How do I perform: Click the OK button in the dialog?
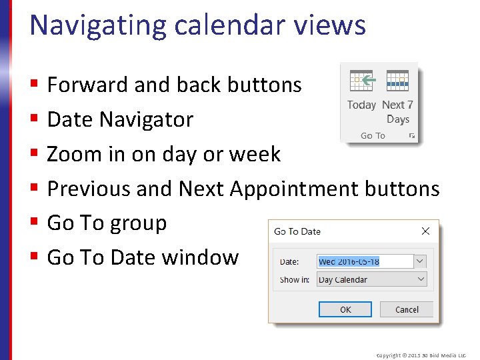click(345, 309)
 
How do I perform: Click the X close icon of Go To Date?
click(425, 231)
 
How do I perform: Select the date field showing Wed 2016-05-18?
click(365, 261)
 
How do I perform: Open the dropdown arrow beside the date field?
click(420, 261)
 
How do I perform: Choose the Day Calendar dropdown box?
click(371, 279)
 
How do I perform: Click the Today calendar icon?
click(361, 81)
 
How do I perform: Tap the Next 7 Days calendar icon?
click(397, 81)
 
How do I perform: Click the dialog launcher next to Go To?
click(412, 136)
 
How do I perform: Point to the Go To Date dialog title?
click(297, 231)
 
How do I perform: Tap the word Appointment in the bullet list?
click(294, 189)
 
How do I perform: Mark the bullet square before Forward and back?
click(33, 85)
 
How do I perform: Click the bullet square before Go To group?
click(33, 223)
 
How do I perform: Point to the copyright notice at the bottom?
click(421, 355)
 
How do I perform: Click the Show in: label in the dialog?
click(294, 280)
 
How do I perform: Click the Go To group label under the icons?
click(373, 136)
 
